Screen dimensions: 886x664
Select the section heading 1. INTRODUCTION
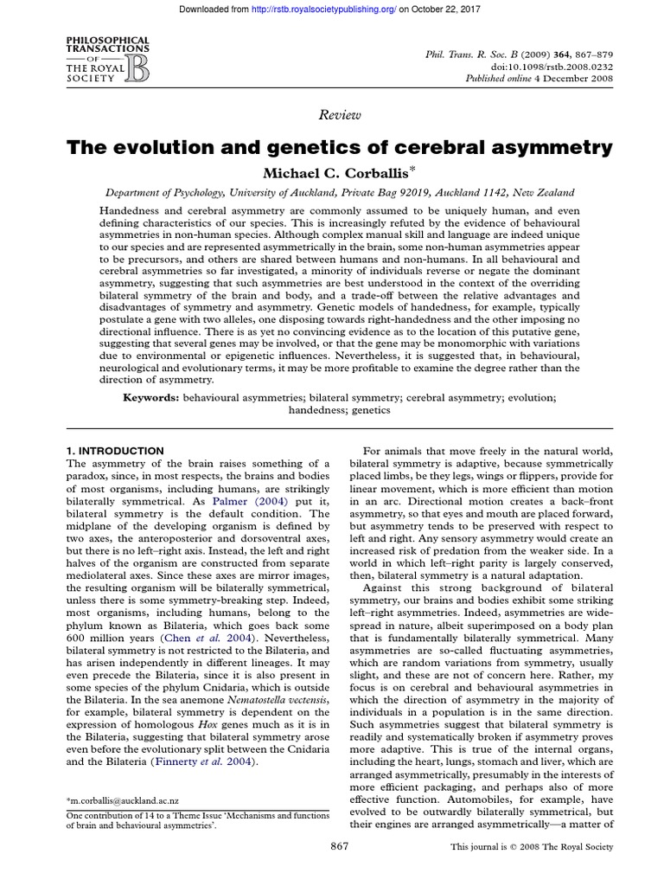click(115, 451)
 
